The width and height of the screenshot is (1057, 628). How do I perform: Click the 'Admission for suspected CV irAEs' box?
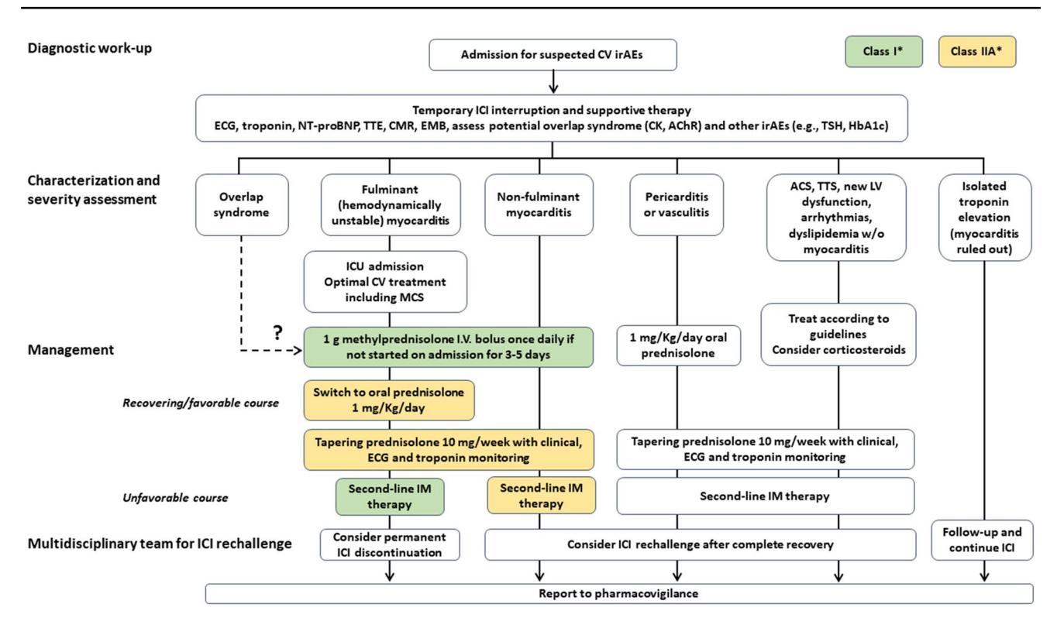[x=553, y=55]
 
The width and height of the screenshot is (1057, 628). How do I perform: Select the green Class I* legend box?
[x=883, y=51]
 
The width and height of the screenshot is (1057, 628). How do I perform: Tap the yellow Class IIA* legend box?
[x=976, y=51]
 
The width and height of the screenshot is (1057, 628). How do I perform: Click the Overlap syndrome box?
[x=242, y=204]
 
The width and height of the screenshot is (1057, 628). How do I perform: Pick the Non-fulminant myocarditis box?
[x=539, y=204]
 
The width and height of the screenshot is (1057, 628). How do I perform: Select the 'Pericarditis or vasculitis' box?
[x=677, y=204]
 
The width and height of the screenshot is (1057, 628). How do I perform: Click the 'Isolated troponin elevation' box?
[x=985, y=218]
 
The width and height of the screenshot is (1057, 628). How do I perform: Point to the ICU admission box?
[x=385, y=281]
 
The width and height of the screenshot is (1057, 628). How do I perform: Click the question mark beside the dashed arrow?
[x=278, y=333]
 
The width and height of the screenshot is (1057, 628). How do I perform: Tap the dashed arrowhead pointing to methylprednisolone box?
[x=298, y=350]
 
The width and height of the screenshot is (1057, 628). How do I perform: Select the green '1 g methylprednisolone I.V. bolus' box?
[x=448, y=347]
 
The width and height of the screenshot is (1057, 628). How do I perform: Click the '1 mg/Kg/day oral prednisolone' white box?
[x=679, y=345]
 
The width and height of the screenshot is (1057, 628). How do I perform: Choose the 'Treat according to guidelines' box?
[x=838, y=335]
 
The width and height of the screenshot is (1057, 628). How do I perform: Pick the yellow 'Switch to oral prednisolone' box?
[x=389, y=400]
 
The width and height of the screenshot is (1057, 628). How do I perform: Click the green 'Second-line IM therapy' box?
[x=390, y=496]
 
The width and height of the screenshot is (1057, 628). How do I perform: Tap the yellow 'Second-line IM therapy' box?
[x=541, y=496]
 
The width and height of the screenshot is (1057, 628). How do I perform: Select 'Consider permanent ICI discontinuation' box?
[x=390, y=544]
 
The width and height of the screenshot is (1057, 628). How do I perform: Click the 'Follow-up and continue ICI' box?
[x=982, y=540]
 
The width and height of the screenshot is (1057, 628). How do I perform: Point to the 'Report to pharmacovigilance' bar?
[x=619, y=594]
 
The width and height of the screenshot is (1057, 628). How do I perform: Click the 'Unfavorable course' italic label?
[x=175, y=498]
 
